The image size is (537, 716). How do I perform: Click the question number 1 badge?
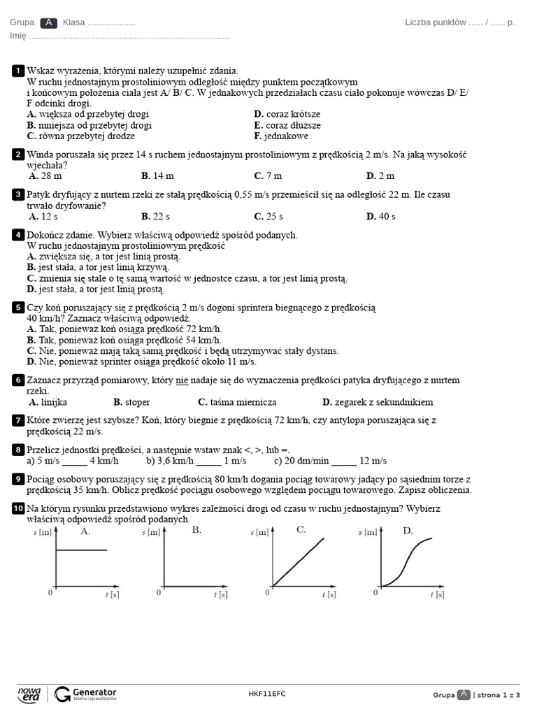[18, 71]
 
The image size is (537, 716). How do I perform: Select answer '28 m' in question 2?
[46, 176]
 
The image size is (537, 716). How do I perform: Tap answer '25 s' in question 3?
[269, 217]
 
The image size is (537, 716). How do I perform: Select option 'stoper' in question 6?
[132, 402]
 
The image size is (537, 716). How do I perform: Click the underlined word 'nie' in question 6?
[182, 380]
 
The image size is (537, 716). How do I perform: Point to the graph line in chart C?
[299, 561]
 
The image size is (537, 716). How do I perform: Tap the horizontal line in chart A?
[81, 550]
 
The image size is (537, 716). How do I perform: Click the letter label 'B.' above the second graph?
[196, 531]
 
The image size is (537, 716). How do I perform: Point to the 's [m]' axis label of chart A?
[42, 533]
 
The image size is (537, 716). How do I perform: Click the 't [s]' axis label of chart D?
[437, 594]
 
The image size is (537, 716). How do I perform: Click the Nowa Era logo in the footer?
[29, 694]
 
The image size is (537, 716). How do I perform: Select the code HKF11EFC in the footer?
[267, 694]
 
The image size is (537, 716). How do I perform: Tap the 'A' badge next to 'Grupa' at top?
[48, 22]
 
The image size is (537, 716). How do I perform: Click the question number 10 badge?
[18, 508]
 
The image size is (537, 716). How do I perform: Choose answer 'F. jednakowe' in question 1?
[279, 136]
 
